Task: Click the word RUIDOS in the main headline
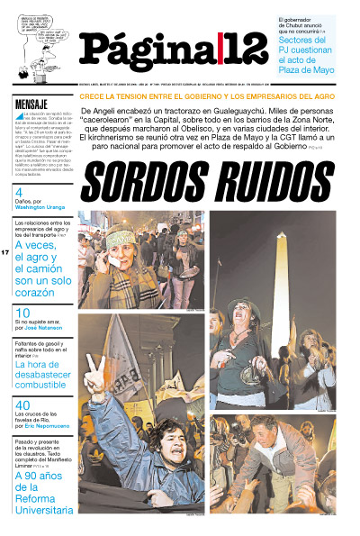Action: pos(271,183)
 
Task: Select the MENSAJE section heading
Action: pos(31,104)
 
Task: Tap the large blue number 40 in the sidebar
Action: pos(22,405)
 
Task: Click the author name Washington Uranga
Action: pos(40,206)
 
